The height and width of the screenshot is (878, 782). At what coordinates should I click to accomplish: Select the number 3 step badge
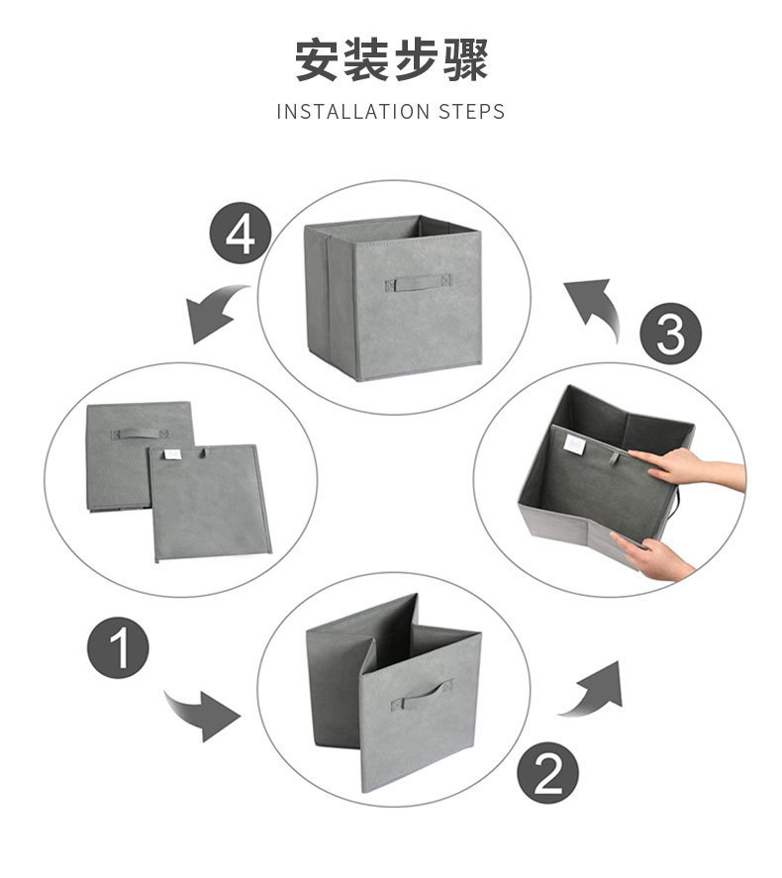[x=670, y=334]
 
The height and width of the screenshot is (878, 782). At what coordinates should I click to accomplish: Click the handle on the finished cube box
[x=418, y=282]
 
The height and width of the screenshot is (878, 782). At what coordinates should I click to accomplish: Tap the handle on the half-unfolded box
[x=422, y=694]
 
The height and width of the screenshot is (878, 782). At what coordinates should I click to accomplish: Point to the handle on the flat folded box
[x=139, y=433]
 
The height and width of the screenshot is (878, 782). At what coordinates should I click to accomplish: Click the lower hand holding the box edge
[x=653, y=554]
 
